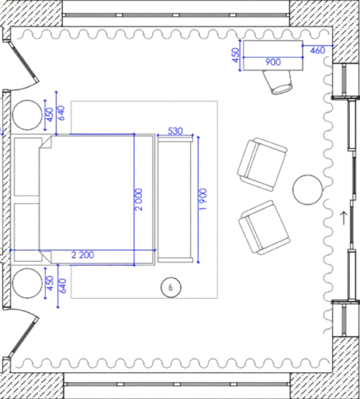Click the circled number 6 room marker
pyautogui.click(x=171, y=287)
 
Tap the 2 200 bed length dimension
pyautogui.click(x=83, y=255)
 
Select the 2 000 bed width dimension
pyautogui.click(x=138, y=199)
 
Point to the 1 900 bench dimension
pyautogui.click(x=203, y=199)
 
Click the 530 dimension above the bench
pyautogui.click(x=175, y=130)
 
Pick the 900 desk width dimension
pyautogui.click(x=273, y=62)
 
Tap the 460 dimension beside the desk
pyautogui.click(x=317, y=50)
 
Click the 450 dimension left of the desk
pyautogui.click(x=236, y=55)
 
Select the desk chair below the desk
pyautogui.click(x=279, y=82)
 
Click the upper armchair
pyautogui.click(x=262, y=165)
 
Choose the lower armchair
pyautogui.click(x=264, y=228)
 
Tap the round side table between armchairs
pyautogui.click(x=308, y=190)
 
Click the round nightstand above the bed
pyautogui.click(x=27, y=115)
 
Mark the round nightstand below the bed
pyautogui.click(x=27, y=283)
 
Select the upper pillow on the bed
pyautogui.click(x=27, y=167)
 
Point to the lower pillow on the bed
pyautogui.click(x=27, y=232)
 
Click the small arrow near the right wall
pyautogui.click(x=344, y=218)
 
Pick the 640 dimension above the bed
pyautogui.click(x=62, y=113)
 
